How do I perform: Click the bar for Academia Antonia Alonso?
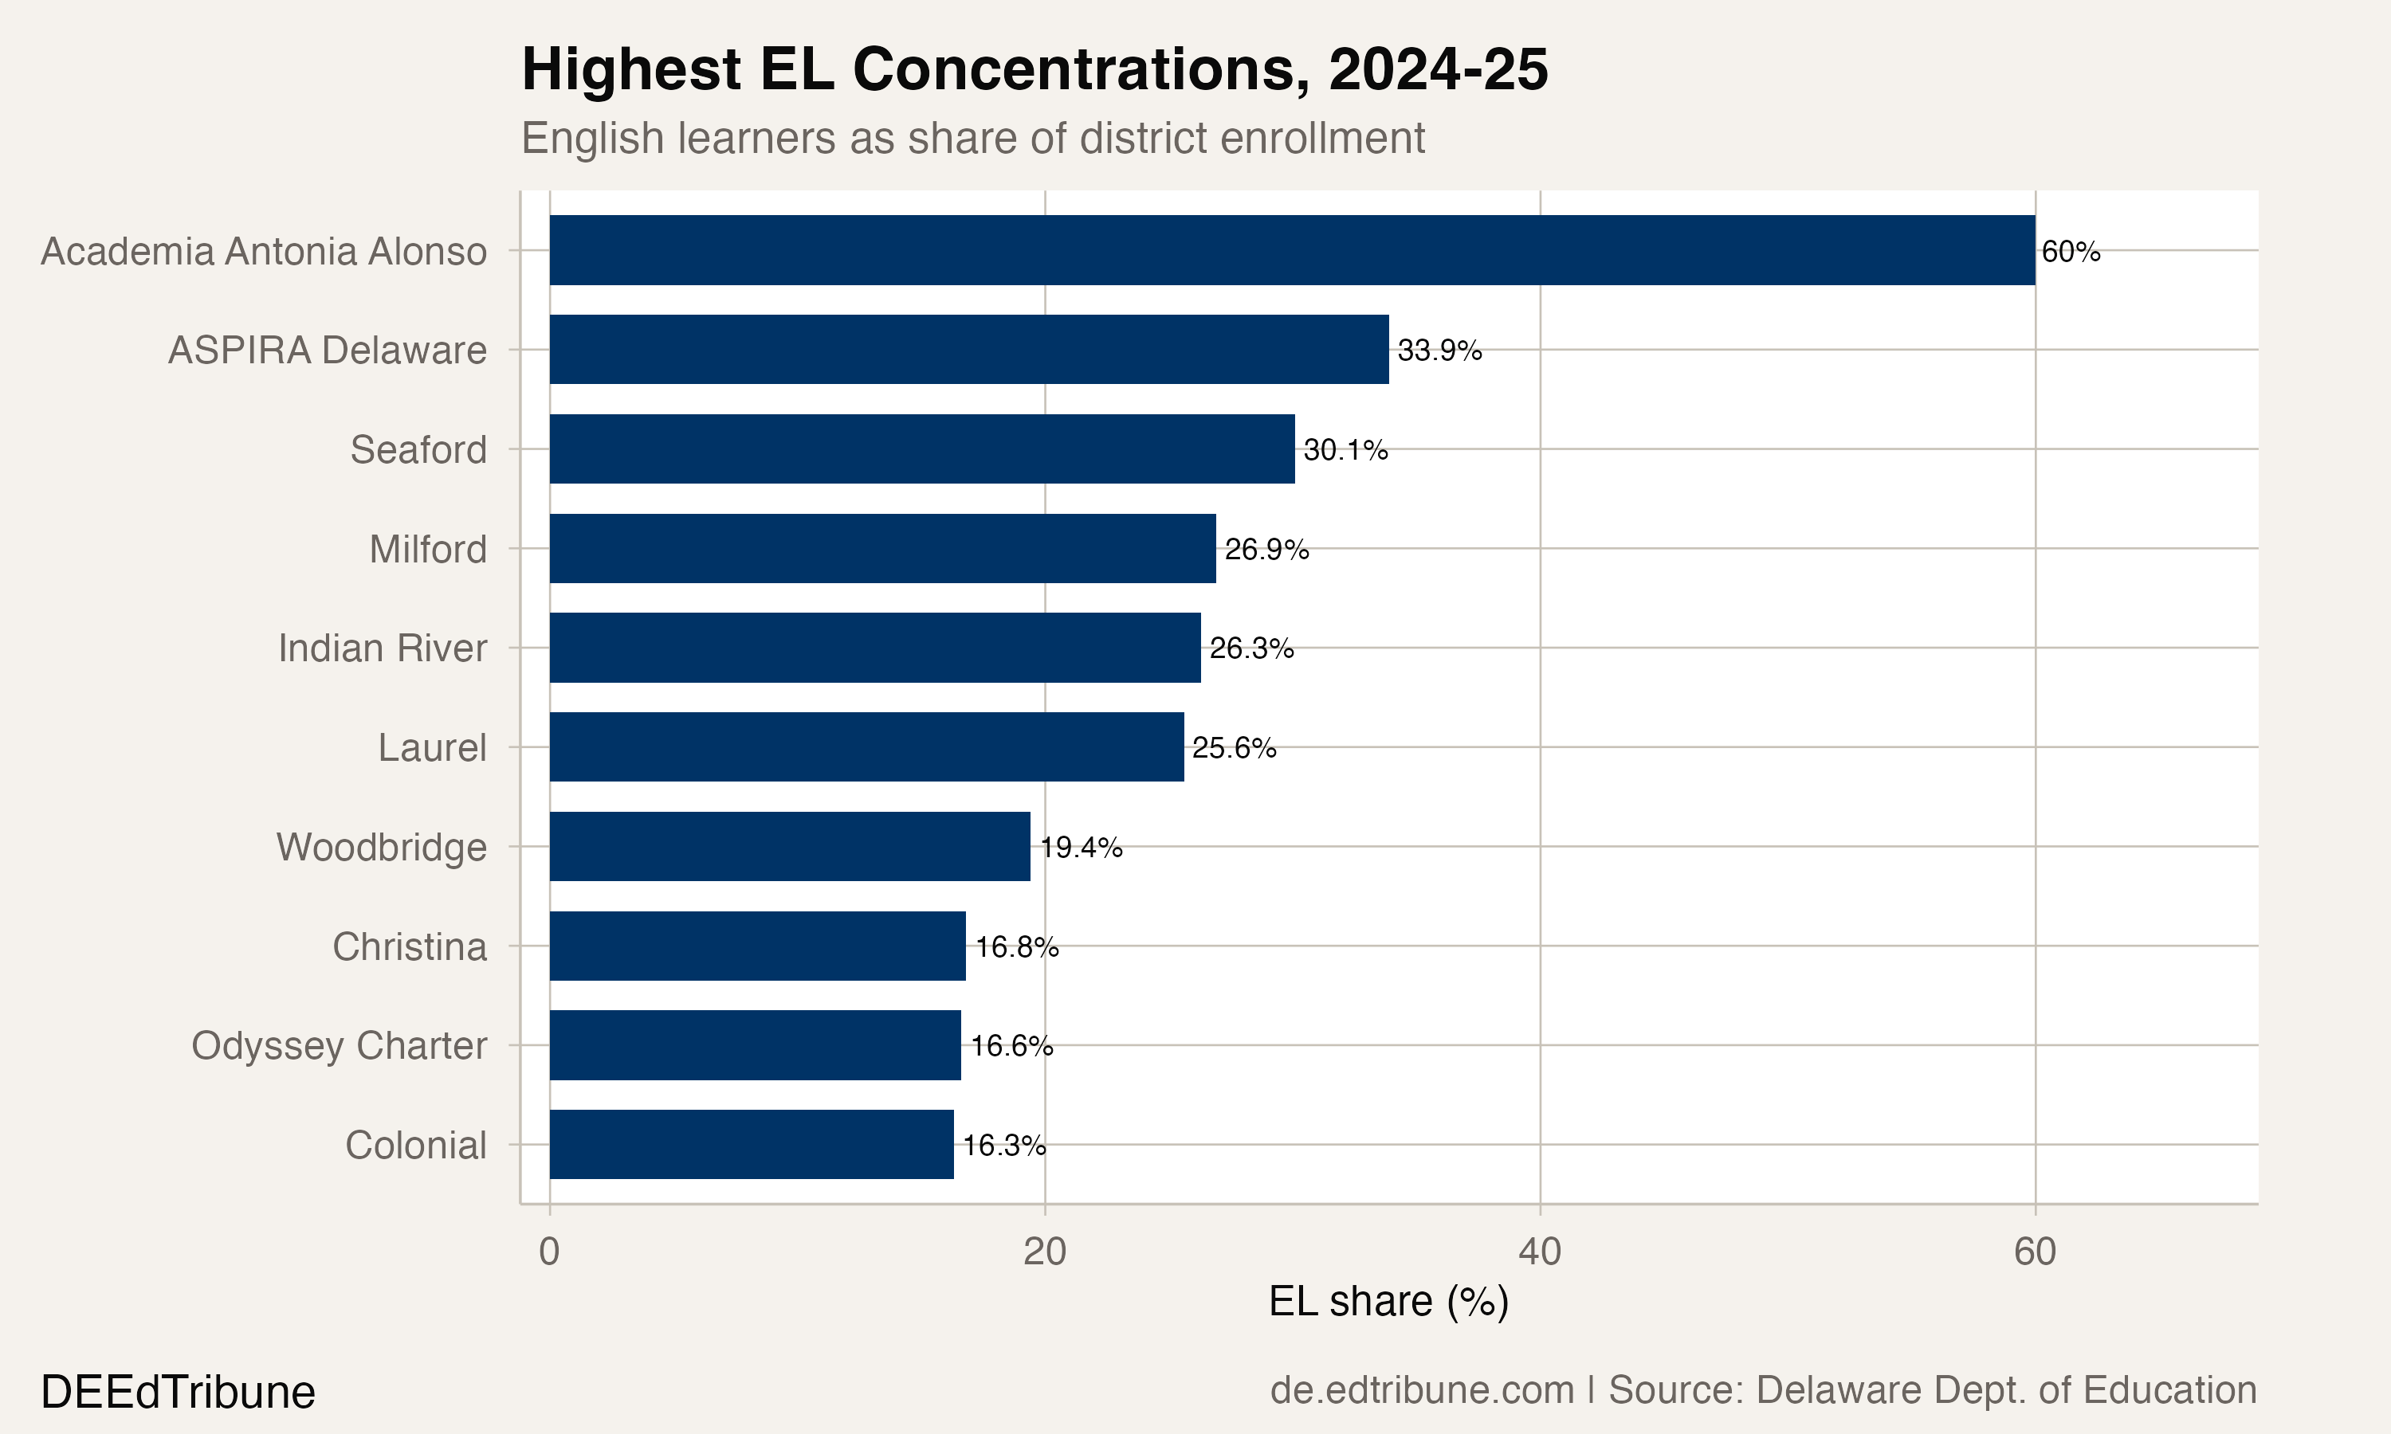[x=1291, y=250]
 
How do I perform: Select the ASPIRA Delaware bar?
[x=968, y=349]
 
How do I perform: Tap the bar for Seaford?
[x=921, y=449]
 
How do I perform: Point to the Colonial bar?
[x=751, y=1144]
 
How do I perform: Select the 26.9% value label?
[x=1266, y=550]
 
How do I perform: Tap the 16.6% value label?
[x=1011, y=1045]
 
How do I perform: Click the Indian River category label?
[x=382, y=648]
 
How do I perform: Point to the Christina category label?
[x=409, y=947]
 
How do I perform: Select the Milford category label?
[x=427, y=550]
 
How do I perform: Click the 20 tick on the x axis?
[x=1045, y=1252]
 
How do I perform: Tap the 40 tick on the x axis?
[x=1540, y=1252]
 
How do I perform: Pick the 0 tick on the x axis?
[x=549, y=1252]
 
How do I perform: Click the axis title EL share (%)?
[x=1388, y=1302]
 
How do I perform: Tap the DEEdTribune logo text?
[x=178, y=1393]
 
